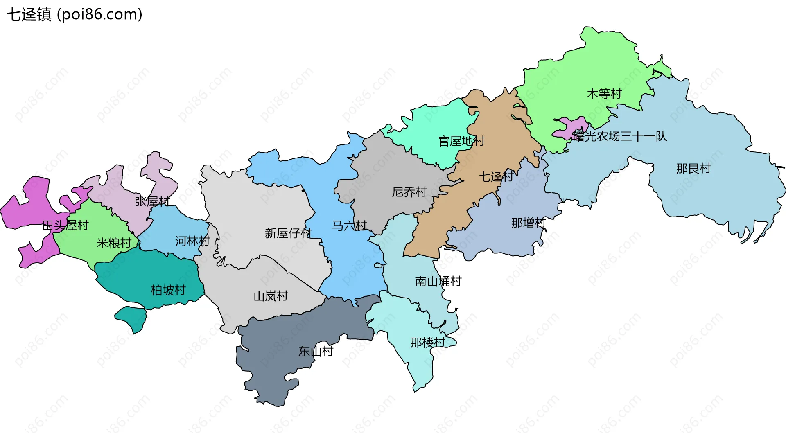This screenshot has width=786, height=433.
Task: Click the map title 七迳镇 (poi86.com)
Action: tap(75, 15)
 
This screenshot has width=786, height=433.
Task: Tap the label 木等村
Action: tap(604, 94)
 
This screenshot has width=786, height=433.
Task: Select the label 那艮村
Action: tap(693, 168)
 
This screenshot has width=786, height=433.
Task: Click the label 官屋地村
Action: tap(461, 141)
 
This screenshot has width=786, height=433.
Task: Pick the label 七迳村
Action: tap(496, 177)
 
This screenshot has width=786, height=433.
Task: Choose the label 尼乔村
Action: tap(409, 192)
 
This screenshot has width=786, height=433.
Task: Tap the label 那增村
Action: tap(528, 223)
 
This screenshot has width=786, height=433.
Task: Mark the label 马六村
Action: tap(349, 226)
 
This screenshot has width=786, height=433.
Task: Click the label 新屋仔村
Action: tap(288, 233)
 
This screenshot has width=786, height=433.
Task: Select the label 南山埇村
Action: tap(438, 281)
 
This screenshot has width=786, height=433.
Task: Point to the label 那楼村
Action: tap(428, 342)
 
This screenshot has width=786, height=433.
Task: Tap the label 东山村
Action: tap(316, 351)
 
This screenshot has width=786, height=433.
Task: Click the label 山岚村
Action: tap(271, 296)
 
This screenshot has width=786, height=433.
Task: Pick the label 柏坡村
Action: tap(168, 290)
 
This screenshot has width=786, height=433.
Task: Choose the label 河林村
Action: tap(192, 241)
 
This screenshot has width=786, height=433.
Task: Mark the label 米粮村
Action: tap(114, 243)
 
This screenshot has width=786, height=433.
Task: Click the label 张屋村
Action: tap(152, 201)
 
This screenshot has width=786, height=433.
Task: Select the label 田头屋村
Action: tap(65, 225)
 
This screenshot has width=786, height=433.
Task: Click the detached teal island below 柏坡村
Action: tap(132, 318)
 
